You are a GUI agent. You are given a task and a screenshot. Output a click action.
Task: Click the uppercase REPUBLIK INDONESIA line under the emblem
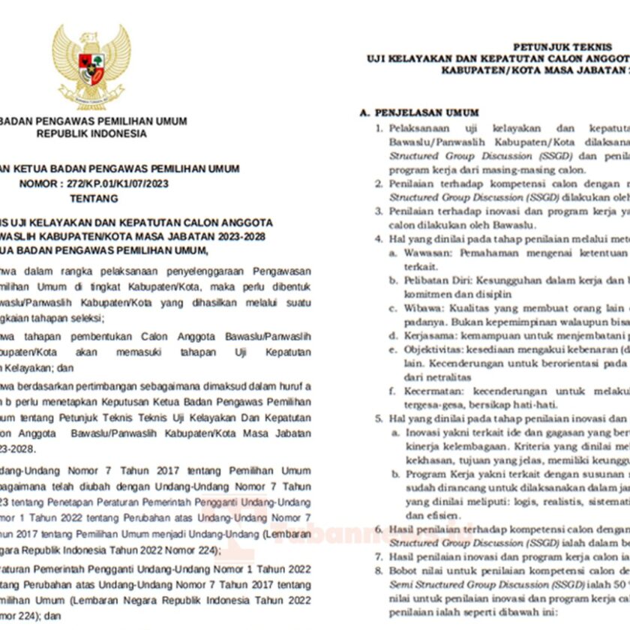tap(92, 133)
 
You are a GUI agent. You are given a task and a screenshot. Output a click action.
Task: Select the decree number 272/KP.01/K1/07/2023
tap(111, 184)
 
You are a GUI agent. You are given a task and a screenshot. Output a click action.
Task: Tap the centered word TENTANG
tap(93, 199)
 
